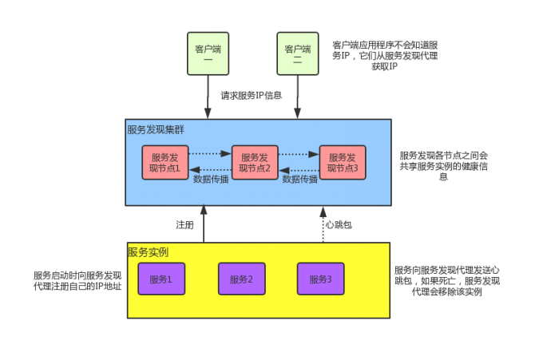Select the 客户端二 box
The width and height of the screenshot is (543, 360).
coord(297,53)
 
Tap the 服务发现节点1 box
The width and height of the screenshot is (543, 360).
coord(166,163)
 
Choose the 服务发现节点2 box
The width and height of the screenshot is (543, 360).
coord(256,163)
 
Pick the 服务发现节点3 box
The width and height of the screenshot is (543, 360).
coord(343,163)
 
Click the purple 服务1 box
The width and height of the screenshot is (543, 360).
coord(161,279)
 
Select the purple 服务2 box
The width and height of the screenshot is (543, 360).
coord(241,279)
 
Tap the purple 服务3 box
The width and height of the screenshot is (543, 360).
coord(321,279)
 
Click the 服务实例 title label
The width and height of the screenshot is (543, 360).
coord(148,252)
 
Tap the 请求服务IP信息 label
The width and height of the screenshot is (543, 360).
coord(252,95)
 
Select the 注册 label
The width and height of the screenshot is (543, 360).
coord(185,225)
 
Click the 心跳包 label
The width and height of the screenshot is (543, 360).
coord(339,225)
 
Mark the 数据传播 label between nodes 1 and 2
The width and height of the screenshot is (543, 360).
coord(211,180)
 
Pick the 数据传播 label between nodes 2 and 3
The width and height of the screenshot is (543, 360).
coord(300,180)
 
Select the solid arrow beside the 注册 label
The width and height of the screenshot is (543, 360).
coord(204,224)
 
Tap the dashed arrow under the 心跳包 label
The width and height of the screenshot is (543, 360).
coord(323,224)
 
